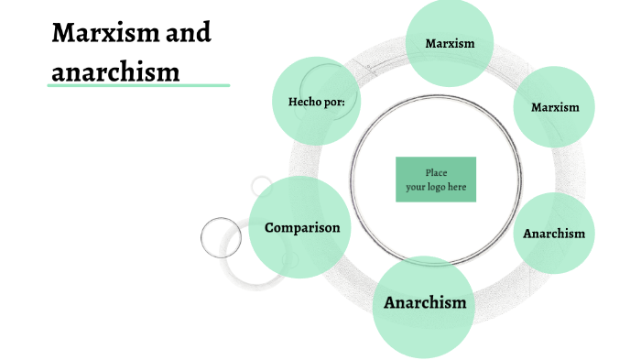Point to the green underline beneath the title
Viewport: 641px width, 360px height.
pyautogui.click(x=138, y=86)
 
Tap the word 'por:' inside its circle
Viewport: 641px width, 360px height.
pyautogui.click(x=334, y=102)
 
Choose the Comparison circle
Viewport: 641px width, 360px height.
pyautogui.click(x=300, y=227)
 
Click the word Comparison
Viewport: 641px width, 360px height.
pyautogui.click(x=301, y=227)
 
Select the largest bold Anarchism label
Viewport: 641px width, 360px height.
pyautogui.click(x=425, y=302)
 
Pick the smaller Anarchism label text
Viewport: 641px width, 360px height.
pyautogui.click(x=554, y=233)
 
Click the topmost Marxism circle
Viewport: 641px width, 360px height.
pyautogui.click(x=450, y=43)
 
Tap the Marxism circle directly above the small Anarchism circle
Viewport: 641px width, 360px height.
pyautogui.click(x=556, y=107)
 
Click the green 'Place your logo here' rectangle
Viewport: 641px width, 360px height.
pyautogui.click(x=436, y=180)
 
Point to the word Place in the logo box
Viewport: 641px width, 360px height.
pyautogui.click(x=436, y=172)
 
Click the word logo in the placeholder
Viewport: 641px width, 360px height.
pyautogui.click(x=436, y=187)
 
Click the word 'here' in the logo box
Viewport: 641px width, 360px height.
pyautogui.click(x=457, y=187)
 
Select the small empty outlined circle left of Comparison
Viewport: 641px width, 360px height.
pyautogui.click(x=221, y=237)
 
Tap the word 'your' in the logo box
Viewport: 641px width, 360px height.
pyautogui.click(x=416, y=187)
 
